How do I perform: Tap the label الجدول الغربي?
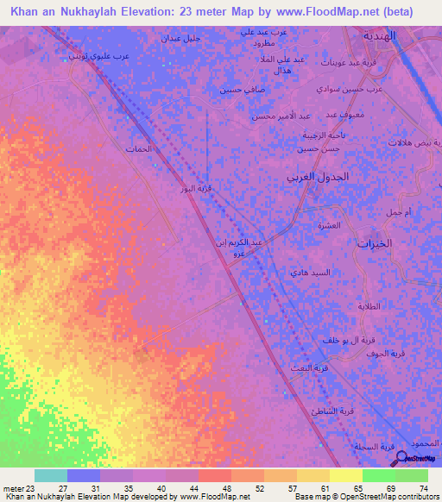click(x=318, y=176)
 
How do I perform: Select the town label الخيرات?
click(x=375, y=243)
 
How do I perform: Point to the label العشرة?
click(x=329, y=226)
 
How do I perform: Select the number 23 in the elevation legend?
click(x=23, y=488)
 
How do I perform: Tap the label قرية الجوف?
click(x=385, y=354)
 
